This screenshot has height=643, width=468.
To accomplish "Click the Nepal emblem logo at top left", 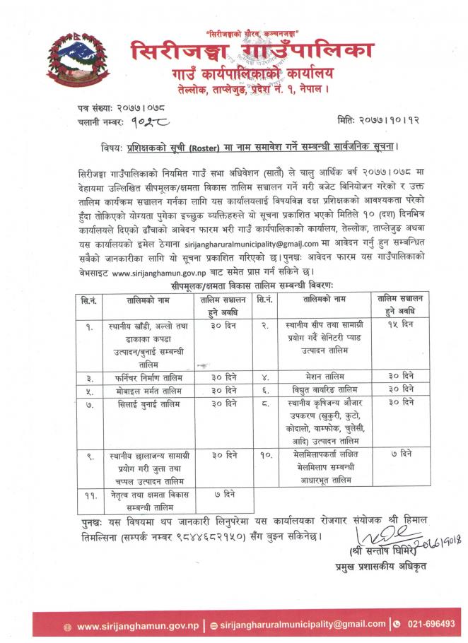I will pos(69,61).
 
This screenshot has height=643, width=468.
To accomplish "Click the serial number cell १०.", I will pos(263,456).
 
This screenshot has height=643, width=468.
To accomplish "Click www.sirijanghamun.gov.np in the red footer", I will pos(126,626).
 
